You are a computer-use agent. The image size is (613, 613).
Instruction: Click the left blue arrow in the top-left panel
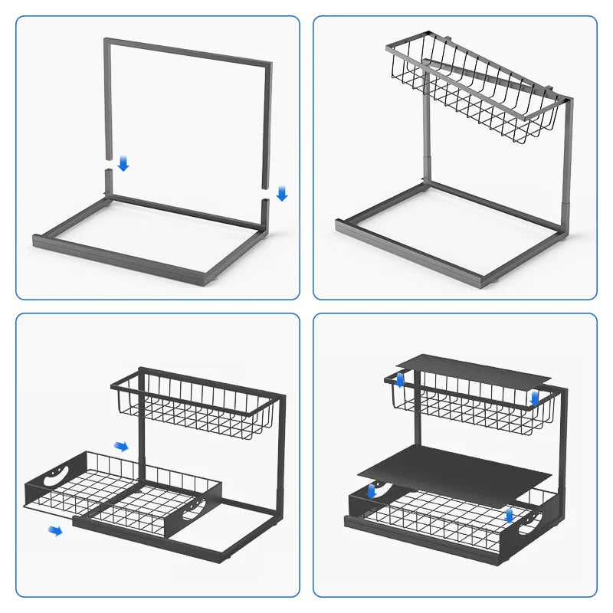123,164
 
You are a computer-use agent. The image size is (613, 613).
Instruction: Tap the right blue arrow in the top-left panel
281,194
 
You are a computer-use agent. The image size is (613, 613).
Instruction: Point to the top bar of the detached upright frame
188,51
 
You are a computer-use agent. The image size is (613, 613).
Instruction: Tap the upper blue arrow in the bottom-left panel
121,446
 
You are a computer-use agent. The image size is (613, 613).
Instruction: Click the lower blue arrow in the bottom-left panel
55,530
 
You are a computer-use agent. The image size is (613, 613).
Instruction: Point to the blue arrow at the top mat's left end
399,379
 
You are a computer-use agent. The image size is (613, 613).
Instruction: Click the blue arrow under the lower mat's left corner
372,491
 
